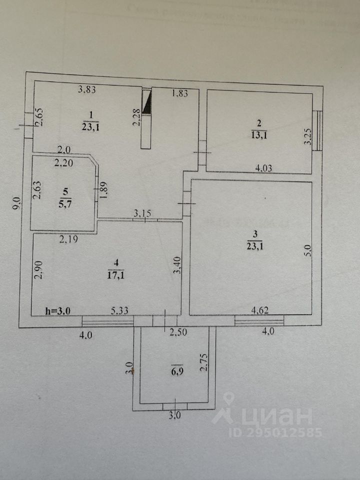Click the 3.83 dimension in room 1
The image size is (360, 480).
click(x=87, y=90)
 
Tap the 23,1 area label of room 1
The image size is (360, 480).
click(x=91, y=126)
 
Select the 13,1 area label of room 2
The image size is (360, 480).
click(x=259, y=133)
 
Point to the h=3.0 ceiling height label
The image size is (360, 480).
click(x=57, y=310)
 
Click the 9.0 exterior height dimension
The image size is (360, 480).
click(x=16, y=204)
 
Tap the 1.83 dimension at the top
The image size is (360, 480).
click(x=179, y=92)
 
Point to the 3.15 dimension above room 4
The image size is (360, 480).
click(x=142, y=214)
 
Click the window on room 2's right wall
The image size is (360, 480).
click(x=317, y=130)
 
